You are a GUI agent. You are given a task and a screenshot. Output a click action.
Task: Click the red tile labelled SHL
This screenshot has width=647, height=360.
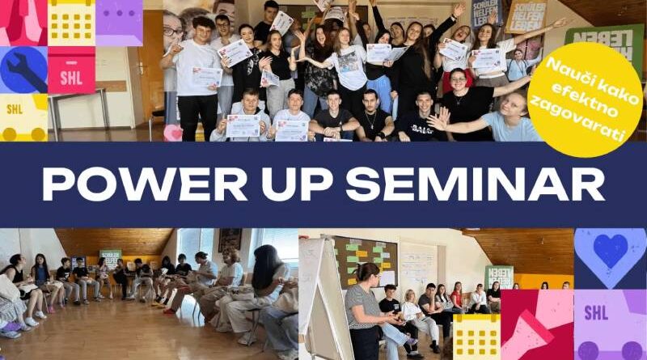pyautogui.click(x=71, y=70)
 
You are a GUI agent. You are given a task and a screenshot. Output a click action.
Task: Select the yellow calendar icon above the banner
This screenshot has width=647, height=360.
pyautogui.click(x=71, y=22)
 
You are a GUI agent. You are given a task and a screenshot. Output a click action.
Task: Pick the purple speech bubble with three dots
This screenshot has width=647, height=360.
pyautogui.click(x=119, y=22)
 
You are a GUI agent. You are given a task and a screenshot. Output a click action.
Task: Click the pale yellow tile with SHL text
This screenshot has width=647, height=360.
pyautogui.click(x=23, y=117)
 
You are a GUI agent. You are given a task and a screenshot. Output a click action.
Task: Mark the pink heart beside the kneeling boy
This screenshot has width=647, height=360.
pyautogui.click(x=172, y=133)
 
